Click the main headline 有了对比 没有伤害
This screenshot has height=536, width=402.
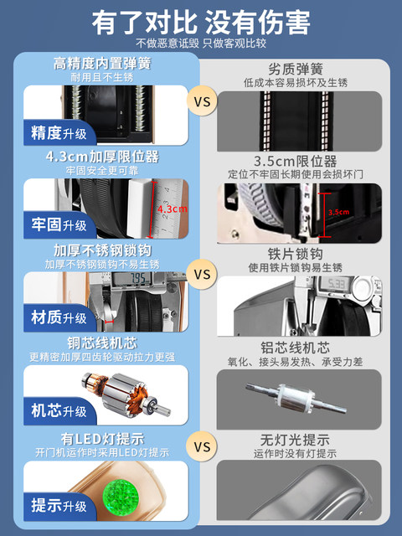(x=201, y=20)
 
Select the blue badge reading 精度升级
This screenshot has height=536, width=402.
(x=57, y=132)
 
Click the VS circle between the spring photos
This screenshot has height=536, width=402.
(x=202, y=103)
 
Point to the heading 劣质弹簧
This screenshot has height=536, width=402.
(x=303, y=70)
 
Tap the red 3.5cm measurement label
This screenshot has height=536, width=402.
(x=338, y=212)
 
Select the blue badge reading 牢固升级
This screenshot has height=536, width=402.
(x=57, y=225)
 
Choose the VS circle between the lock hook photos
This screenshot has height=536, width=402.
(x=202, y=274)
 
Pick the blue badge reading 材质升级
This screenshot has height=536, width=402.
(x=57, y=317)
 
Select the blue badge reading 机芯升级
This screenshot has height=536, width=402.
(x=57, y=411)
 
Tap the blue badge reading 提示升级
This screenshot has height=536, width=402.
(x=57, y=505)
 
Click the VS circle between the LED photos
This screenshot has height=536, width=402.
(x=202, y=446)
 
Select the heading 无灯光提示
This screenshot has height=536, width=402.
(x=303, y=440)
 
